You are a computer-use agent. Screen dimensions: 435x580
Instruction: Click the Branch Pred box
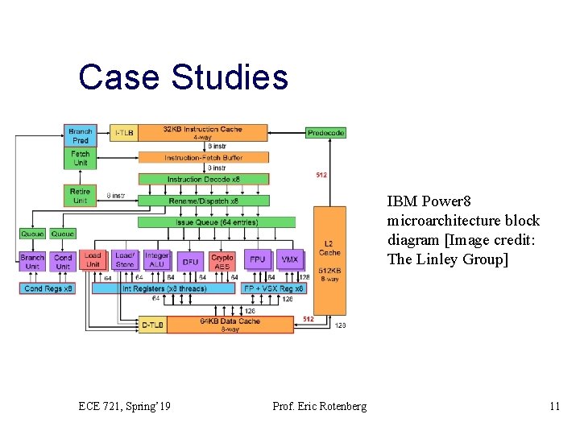tap(81, 135)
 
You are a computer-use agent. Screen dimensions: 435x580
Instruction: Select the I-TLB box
tap(123, 133)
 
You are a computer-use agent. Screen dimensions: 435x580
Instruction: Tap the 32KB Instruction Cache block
tap(202, 133)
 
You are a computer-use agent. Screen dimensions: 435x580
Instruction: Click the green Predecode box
tap(325, 132)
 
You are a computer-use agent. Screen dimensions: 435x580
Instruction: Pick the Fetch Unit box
tap(81, 158)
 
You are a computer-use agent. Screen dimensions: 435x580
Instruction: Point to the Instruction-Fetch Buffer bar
tap(203, 157)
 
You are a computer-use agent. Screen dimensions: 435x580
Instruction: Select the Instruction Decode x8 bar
tap(203, 179)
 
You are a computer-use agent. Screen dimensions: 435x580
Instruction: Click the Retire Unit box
tap(81, 196)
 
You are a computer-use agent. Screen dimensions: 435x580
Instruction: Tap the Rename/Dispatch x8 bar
tap(203, 201)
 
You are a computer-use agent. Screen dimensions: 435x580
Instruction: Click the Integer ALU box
tap(157, 260)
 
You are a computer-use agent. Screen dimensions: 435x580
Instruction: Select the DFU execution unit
tap(190, 261)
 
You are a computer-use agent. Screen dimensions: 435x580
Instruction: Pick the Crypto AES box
tap(222, 261)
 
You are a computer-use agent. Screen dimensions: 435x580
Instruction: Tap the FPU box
tap(257, 260)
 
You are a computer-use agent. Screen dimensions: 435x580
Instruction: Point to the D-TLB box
tap(153, 325)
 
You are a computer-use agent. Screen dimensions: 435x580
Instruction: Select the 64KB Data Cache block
tap(230, 325)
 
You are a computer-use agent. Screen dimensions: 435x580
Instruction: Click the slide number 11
tap(553, 406)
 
